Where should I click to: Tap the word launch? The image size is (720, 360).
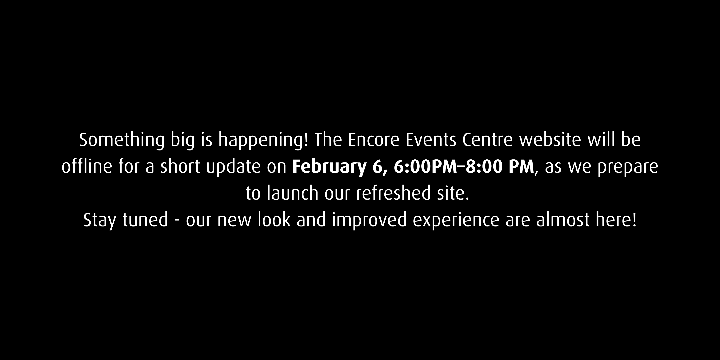click(x=292, y=193)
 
